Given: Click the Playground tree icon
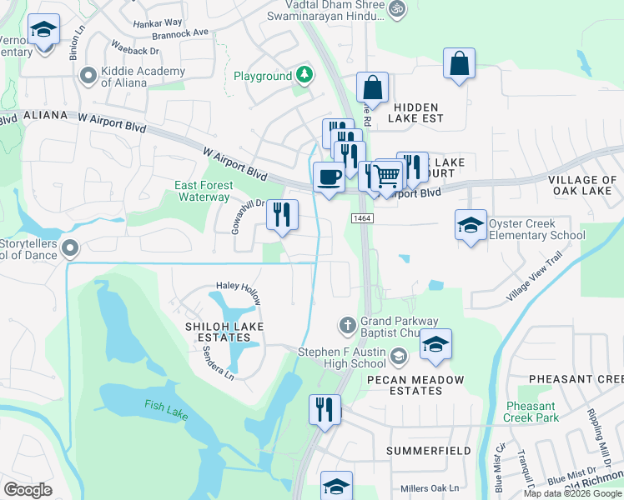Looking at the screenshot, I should tap(305, 76).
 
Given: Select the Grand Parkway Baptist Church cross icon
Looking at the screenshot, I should tap(348, 323).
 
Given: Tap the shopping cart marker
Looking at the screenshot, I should tap(387, 177).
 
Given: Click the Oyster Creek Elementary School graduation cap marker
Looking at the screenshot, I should tap(471, 226).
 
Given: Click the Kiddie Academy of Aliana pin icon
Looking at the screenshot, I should tap(88, 77).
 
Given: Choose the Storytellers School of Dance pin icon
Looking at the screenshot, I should tap(70, 247).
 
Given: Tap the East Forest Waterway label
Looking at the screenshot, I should tap(203, 191).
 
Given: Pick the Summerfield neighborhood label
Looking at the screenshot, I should tap(428, 451).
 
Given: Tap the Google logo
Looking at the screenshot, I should tap(28, 489).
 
